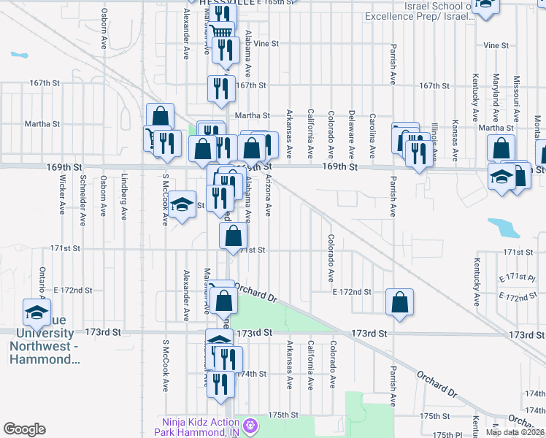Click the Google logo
[x=24, y=429]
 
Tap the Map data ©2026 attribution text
[x=515, y=432]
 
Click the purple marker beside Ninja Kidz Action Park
[x=251, y=424]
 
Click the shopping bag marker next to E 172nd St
[x=399, y=303]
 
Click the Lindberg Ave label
[x=124, y=198]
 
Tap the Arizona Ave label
[x=269, y=196]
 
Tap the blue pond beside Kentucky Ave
[x=503, y=228]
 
